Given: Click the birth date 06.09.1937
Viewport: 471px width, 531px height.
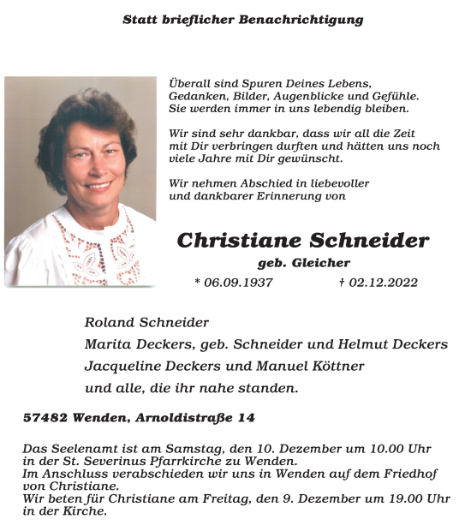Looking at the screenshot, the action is [x=238, y=283].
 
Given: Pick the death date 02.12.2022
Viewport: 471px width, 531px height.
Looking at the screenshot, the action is [x=383, y=283].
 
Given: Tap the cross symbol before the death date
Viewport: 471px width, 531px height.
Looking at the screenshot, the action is [x=342, y=283].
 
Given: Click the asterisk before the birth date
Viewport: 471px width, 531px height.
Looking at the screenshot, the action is [x=198, y=283].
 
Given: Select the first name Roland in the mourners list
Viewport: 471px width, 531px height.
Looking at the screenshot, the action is [x=109, y=323].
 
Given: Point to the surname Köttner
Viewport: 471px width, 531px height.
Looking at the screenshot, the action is [x=336, y=366].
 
